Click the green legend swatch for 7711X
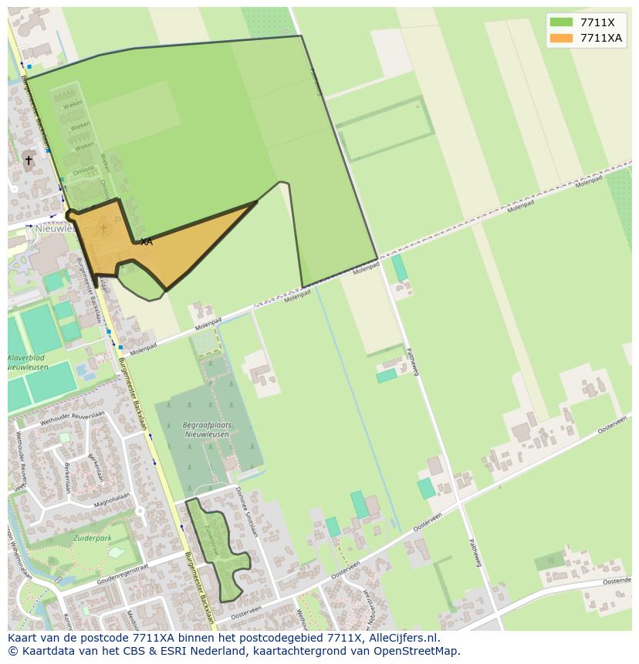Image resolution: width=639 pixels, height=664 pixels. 561,22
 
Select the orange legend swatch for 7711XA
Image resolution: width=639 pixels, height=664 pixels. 561,38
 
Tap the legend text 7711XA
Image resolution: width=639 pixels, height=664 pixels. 601,38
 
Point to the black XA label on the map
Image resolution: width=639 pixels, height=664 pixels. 146,242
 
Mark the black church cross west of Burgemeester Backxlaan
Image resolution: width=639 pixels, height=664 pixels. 29,160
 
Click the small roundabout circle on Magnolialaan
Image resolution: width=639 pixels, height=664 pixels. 140,511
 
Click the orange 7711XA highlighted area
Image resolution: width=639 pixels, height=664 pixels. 185,247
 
